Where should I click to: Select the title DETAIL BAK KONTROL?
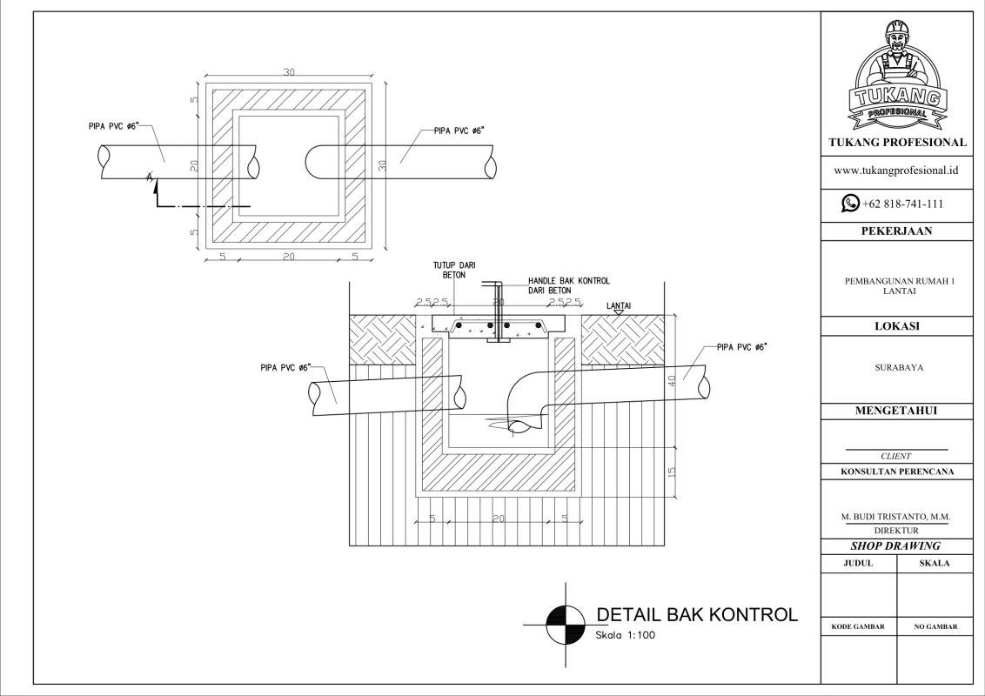coord(696,614)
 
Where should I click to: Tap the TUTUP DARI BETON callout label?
coord(454,269)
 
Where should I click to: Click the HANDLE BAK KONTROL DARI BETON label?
coord(568,285)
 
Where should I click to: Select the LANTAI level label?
coord(618,305)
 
